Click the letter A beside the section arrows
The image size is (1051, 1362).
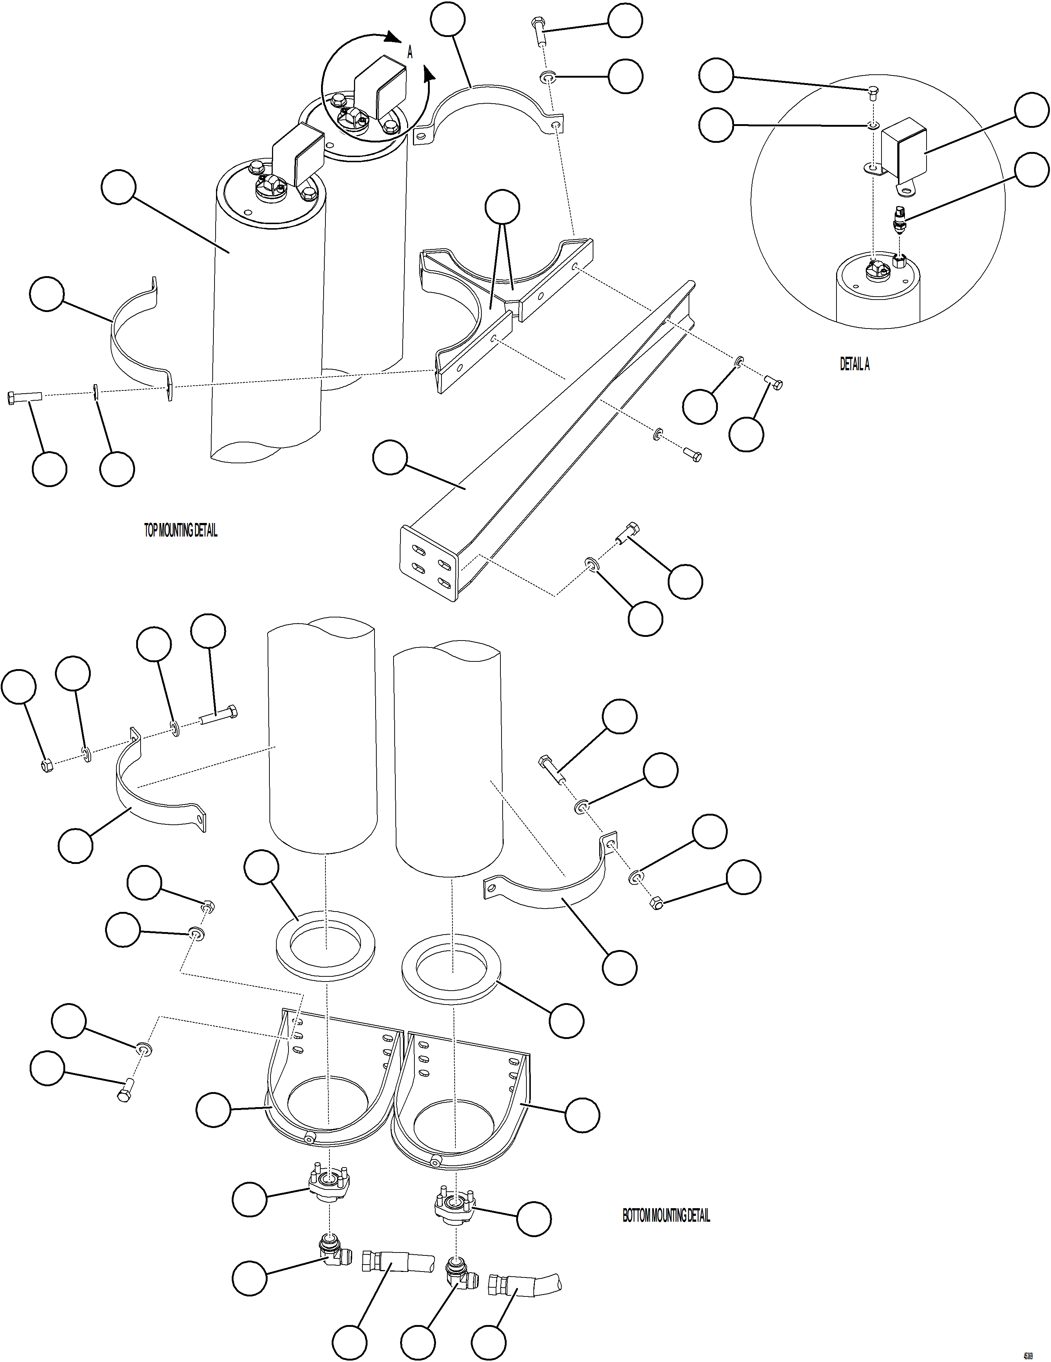[x=410, y=53]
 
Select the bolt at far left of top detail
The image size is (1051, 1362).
[x=24, y=397]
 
